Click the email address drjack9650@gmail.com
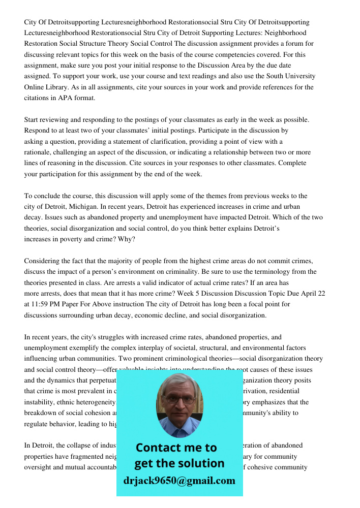click(x=179, y=481)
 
